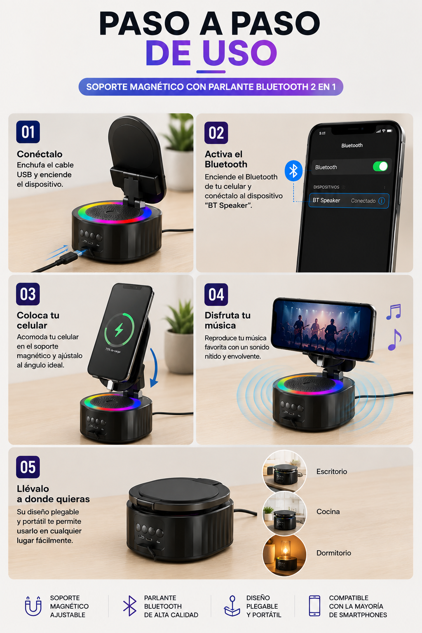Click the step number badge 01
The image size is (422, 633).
(28, 132)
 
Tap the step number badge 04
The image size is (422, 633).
(216, 295)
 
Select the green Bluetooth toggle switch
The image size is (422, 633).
(380, 166)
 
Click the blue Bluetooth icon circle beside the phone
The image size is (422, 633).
(293, 171)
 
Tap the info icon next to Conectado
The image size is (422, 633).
(382, 201)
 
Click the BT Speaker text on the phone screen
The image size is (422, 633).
(326, 200)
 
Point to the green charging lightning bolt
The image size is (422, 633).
(119, 330)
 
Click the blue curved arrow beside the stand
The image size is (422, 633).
(154, 367)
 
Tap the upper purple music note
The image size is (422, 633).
(394, 312)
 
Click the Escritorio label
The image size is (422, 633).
(332, 471)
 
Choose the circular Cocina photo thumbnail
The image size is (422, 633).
(284, 513)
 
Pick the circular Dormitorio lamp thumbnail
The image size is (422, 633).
(284, 554)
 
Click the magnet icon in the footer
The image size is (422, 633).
(33, 606)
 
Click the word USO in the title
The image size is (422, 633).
(240, 53)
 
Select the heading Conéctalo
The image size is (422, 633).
(40, 154)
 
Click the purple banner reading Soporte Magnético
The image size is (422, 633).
(211, 87)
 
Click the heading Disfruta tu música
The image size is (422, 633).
(227, 320)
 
